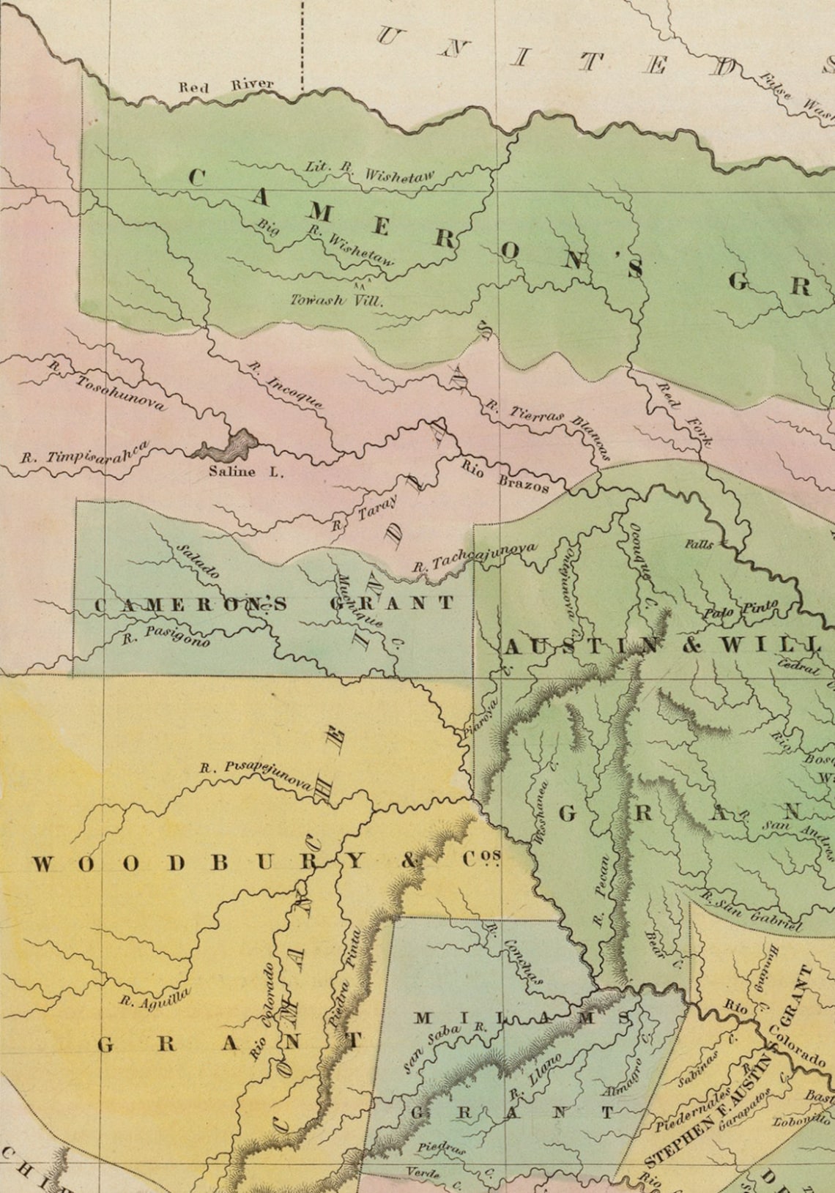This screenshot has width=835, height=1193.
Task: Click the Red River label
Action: [x=226, y=86]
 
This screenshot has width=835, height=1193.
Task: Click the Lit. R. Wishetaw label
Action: [x=370, y=171]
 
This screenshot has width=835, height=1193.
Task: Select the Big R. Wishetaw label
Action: [x=326, y=240]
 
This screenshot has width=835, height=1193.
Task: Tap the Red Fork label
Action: [x=686, y=414]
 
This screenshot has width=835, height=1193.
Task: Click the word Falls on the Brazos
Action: [x=699, y=544]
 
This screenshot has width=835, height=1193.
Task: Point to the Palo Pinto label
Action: [x=741, y=609]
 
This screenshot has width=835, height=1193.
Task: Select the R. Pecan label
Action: [x=601, y=891]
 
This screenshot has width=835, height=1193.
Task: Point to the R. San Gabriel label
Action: [x=751, y=910]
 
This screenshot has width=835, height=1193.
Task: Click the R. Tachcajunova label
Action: [x=474, y=557]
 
